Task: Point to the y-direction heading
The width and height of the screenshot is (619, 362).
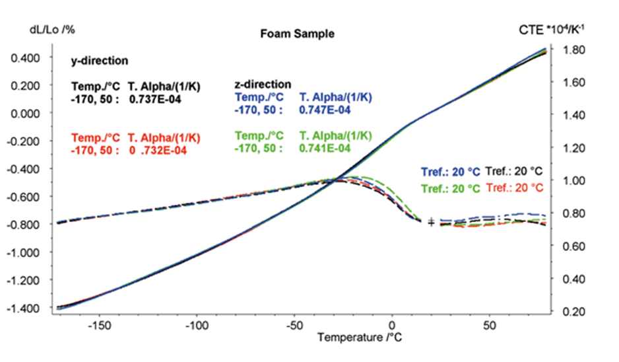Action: point(100,61)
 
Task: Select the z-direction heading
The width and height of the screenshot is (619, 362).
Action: point(263,84)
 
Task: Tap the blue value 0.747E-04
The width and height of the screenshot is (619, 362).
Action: point(325,110)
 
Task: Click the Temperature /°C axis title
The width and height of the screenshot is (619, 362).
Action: point(360,338)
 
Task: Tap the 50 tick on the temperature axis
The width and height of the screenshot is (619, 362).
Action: point(489,326)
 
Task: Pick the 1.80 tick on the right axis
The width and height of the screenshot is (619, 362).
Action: point(571,50)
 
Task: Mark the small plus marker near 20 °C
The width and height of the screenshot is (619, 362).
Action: point(431,222)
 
